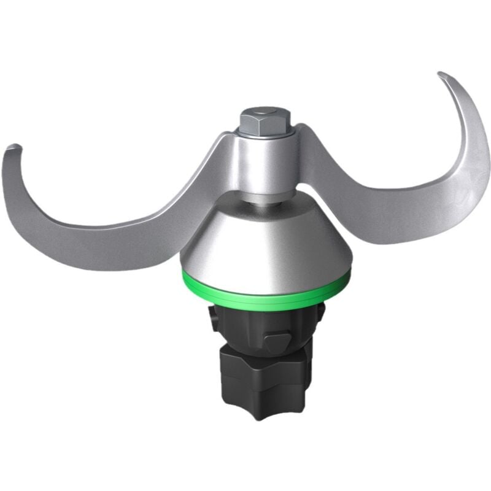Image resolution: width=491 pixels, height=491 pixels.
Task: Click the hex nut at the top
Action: pyautogui.click(x=265, y=120)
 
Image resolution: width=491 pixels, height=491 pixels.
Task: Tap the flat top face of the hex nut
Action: pyautogui.click(x=265, y=114)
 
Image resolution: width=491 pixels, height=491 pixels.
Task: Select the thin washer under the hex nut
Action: pyautogui.click(x=265, y=132)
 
